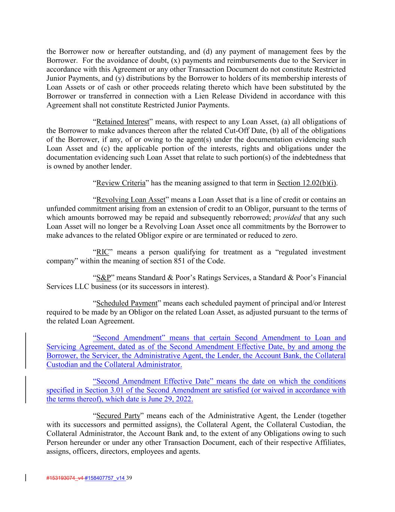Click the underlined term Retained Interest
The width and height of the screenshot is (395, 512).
(122, 122)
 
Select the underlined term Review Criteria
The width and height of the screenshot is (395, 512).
(121, 183)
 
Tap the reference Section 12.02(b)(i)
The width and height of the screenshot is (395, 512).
(307, 183)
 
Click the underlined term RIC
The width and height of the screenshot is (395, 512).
(102, 252)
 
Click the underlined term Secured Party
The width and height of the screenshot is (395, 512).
(118, 416)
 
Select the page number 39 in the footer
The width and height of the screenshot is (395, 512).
(130, 478)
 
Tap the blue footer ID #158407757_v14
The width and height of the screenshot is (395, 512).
(105, 478)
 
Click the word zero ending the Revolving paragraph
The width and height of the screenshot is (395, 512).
(289, 236)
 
